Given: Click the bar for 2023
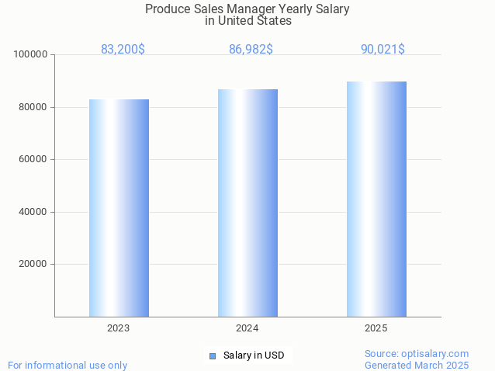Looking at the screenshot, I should (x=119, y=208).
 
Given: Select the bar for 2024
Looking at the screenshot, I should (x=247, y=203).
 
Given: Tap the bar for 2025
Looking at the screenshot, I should (x=376, y=199).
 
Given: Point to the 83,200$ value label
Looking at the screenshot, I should (x=123, y=49).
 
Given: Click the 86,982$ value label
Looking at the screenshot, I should (x=251, y=49).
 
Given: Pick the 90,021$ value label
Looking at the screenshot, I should (x=382, y=49).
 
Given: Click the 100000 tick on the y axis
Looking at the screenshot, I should (x=31, y=54).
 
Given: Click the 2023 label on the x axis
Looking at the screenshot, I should (x=119, y=328).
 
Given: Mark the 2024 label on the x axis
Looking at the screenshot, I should (x=247, y=328).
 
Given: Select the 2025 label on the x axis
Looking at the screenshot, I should (x=376, y=328).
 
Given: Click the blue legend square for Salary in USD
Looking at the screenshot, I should (x=212, y=356).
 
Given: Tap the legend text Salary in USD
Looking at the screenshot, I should (x=254, y=355).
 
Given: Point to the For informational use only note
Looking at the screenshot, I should (x=67, y=365).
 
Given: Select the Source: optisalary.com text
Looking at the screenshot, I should (x=417, y=353).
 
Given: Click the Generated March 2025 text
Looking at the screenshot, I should (x=417, y=365).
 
